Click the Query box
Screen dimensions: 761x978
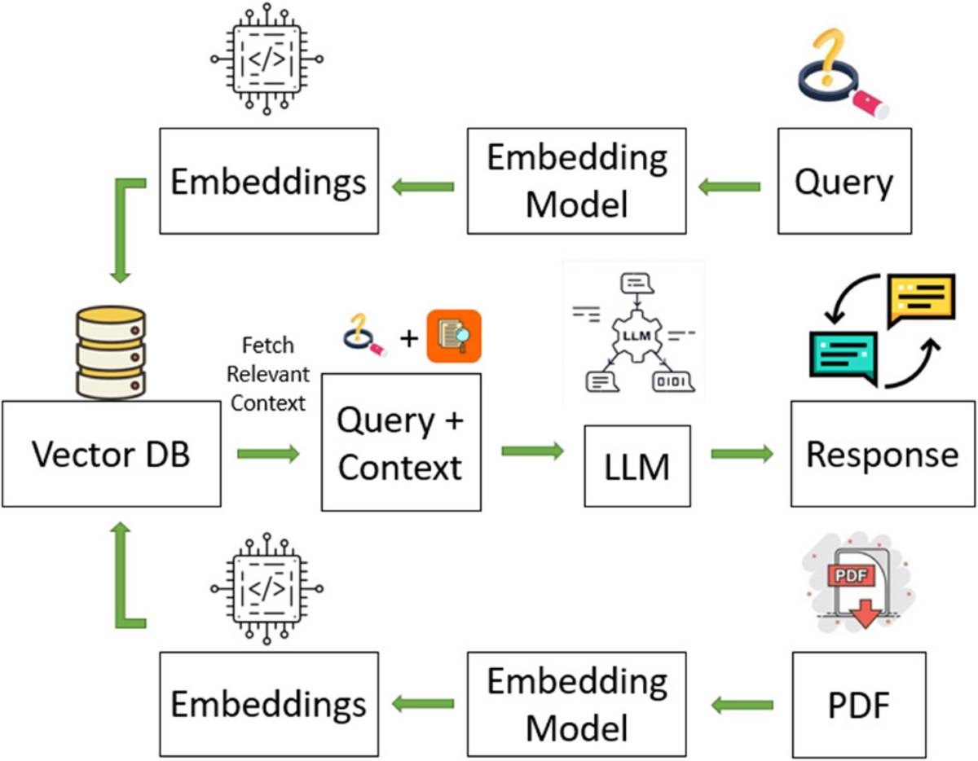click(x=844, y=181)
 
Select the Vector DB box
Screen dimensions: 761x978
click(x=111, y=454)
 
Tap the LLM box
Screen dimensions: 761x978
click(x=637, y=465)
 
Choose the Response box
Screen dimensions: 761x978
click(x=883, y=454)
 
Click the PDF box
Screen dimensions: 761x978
click(x=858, y=702)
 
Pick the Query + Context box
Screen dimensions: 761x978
click(x=401, y=442)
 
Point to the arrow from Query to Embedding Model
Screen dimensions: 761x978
click(x=729, y=187)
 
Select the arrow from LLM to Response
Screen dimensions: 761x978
click(x=742, y=454)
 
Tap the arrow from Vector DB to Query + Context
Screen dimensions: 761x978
click(x=269, y=454)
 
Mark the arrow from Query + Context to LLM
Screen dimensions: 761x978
click(x=533, y=450)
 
